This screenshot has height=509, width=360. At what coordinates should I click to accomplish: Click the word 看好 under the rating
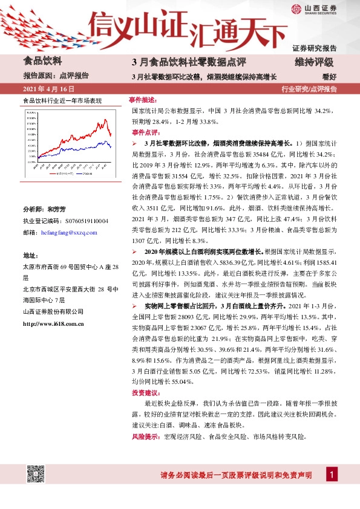pos(329,76)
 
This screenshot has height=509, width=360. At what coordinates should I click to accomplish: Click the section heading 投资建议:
pos(143,393)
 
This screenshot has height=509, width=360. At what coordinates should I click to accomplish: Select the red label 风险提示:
pos(143,436)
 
